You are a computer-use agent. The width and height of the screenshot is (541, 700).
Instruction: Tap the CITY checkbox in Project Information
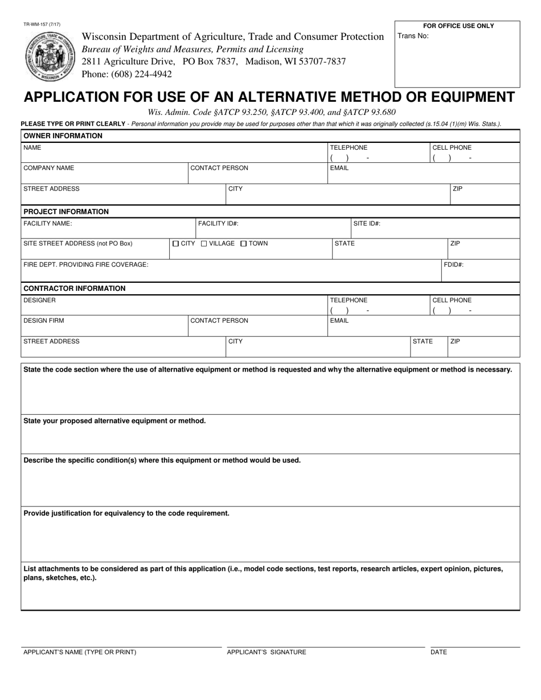tap(175, 244)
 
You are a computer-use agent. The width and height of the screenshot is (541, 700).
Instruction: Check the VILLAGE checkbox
tap(204, 244)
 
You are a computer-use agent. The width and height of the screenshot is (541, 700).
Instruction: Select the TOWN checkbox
tap(243, 244)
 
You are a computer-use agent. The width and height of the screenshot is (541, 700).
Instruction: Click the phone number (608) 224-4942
tap(127, 74)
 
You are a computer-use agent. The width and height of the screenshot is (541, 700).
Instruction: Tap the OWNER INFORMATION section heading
tap(63, 136)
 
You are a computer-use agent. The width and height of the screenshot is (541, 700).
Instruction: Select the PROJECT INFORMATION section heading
tap(66, 212)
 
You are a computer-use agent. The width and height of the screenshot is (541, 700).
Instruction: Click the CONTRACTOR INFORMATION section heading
tap(74, 289)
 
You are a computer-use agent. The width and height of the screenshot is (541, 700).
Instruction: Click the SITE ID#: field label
tap(367, 224)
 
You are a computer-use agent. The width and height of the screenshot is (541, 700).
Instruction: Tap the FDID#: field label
tap(454, 265)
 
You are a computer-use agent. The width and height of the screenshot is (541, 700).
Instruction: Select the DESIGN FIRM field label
tap(44, 320)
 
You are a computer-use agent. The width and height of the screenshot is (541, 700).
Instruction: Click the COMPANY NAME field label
tap(48, 168)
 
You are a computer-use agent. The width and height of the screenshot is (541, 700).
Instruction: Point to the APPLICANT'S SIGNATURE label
tap(266, 652)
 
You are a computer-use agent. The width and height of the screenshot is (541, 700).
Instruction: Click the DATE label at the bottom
tap(438, 652)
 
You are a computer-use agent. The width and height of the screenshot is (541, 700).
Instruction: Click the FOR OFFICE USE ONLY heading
tap(458, 26)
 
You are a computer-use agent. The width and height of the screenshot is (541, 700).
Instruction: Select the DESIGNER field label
tap(39, 300)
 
